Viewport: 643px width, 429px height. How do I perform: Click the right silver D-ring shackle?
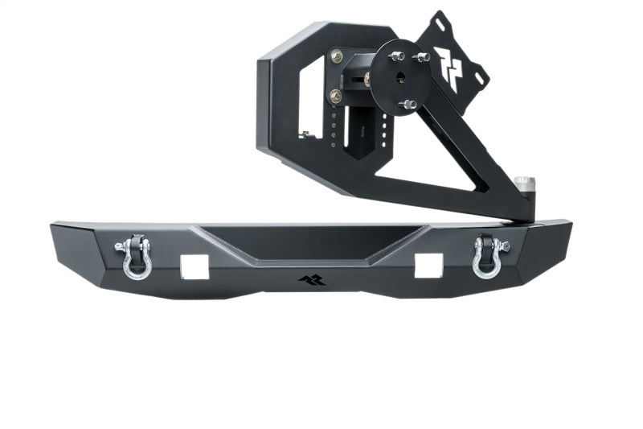tap(488, 256)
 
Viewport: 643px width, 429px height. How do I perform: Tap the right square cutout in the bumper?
tap(428, 265)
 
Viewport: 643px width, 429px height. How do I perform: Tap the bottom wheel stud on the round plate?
tap(408, 104)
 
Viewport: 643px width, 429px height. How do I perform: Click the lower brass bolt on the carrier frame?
tap(335, 97)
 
